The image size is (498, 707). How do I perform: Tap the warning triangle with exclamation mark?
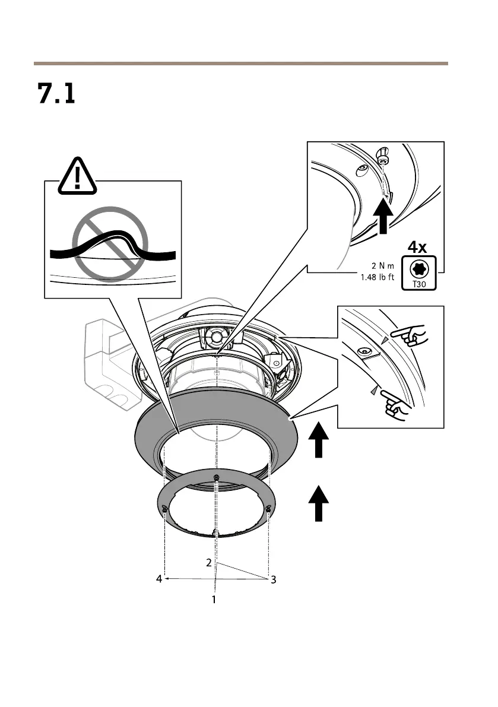coord(78,176)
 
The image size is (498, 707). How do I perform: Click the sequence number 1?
coord(214,600)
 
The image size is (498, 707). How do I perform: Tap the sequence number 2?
coord(209,562)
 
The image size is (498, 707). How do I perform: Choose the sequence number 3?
coord(273,580)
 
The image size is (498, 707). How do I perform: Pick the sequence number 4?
coord(159,579)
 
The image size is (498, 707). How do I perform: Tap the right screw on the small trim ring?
coord(269,508)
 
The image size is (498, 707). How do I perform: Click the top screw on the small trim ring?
coord(217,478)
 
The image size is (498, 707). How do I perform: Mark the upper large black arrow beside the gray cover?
coord(319,440)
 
